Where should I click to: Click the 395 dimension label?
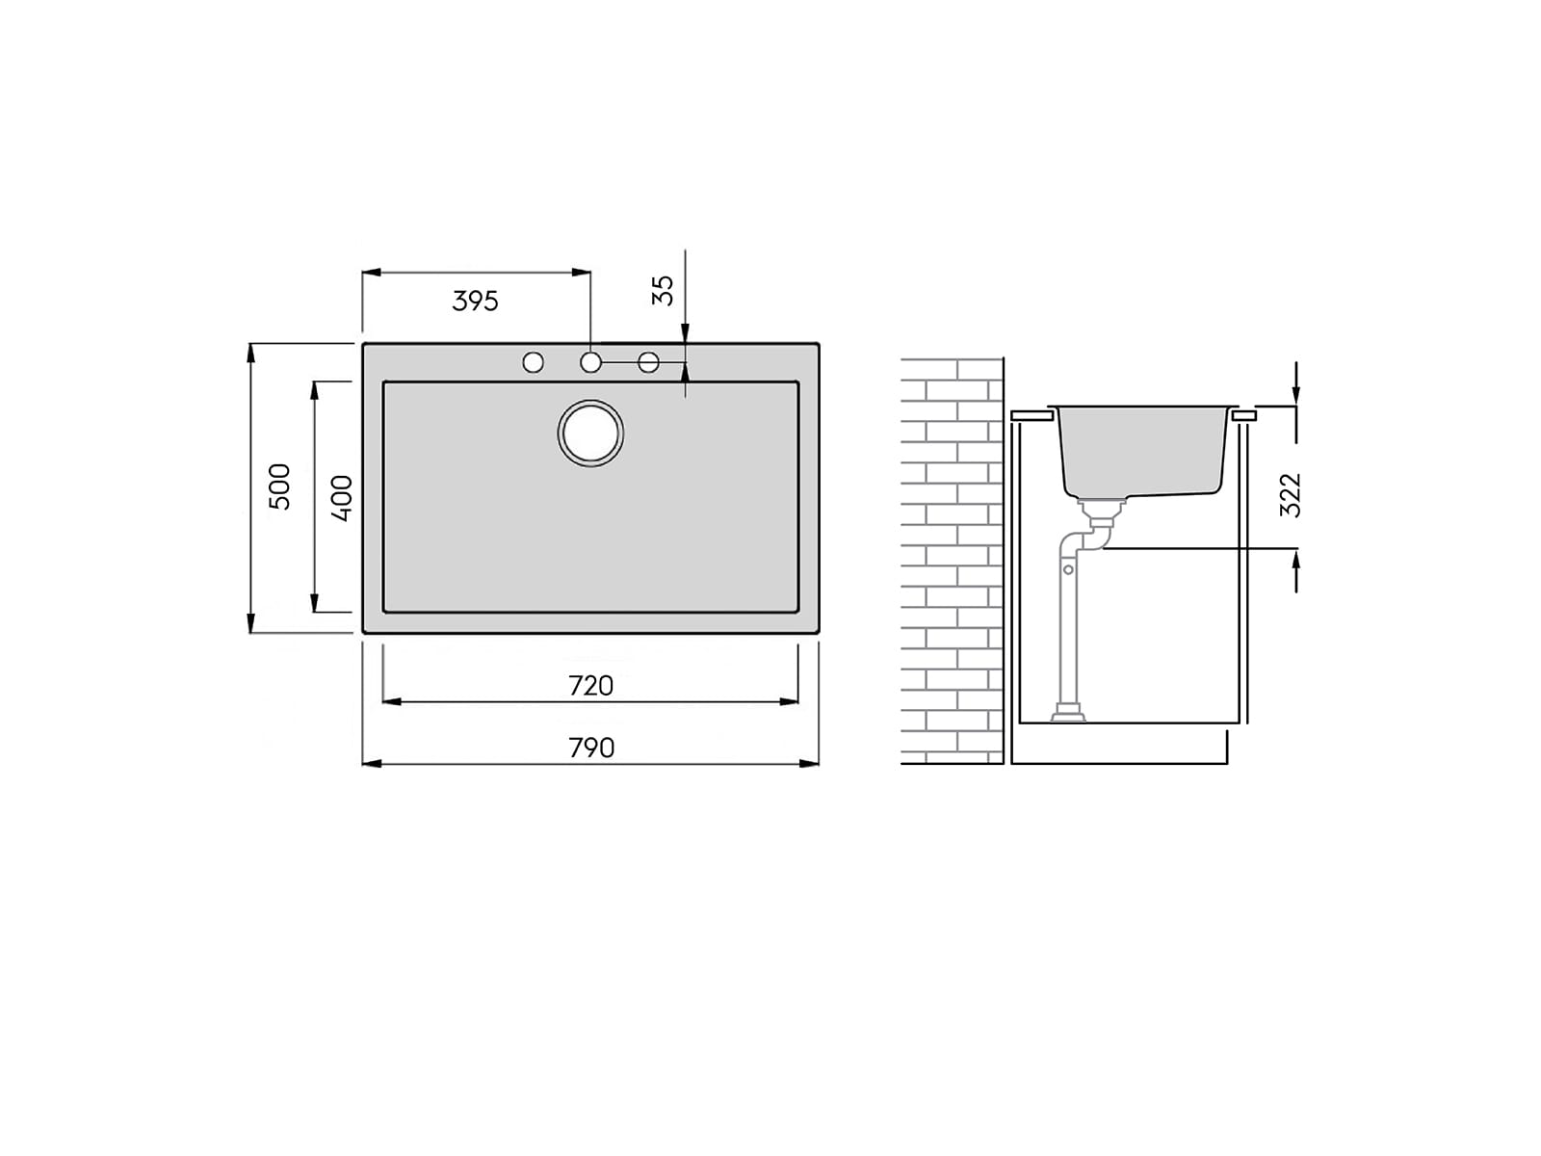tap(475, 302)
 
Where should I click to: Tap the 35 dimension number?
tap(663, 291)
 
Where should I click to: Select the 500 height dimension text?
tap(279, 486)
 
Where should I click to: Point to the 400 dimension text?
tap(341, 498)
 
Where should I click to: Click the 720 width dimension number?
tap(590, 686)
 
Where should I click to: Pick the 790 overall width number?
tap(591, 749)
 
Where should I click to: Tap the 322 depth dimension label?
tap(1291, 495)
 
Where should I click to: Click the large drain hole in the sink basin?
tap(590, 433)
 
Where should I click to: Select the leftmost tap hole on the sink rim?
tap(533, 362)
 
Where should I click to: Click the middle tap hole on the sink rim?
tap(590, 362)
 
